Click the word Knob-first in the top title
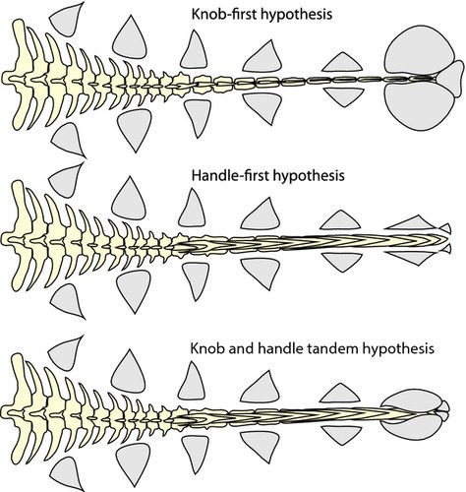pyautogui.click(x=229, y=16)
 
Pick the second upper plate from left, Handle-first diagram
pyautogui.click(x=131, y=201)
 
